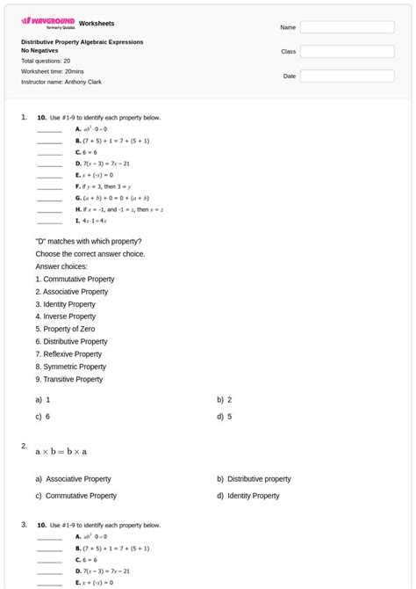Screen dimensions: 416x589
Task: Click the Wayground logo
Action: pyautogui.click(x=47, y=22)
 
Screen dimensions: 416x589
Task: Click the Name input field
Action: pyautogui.click(x=347, y=27)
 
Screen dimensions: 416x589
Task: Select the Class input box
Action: pyautogui.click(x=347, y=52)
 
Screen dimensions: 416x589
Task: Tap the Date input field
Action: pyautogui.click(x=347, y=76)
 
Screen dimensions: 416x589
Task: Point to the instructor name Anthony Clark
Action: pyautogui.click(x=61, y=82)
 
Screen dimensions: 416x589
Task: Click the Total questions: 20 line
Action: pyautogui.click(x=46, y=62)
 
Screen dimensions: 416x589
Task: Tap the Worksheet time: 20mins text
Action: pyautogui.click(x=53, y=71)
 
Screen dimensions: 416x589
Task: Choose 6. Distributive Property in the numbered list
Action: pyautogui.click(x=72, y=342)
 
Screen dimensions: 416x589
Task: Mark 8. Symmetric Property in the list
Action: pyautogui.click(x=70, y=367)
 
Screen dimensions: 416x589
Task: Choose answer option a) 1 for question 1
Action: pyautogui.click(x=43, y=399)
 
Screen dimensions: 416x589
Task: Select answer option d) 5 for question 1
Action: pyautogui.click(x=225, y=417)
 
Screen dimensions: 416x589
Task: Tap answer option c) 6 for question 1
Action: pyautogui.click(x=43, y=417)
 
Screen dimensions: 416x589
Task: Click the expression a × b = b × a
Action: pyautogui.click(x=61, y=452)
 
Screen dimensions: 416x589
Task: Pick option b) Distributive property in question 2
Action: pyautogui.click(x=255, y=479)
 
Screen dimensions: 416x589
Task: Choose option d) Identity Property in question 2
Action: pyautogui.click(x=248, y=496)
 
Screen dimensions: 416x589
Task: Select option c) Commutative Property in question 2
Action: pyautogui.click(x=76, y=496)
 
